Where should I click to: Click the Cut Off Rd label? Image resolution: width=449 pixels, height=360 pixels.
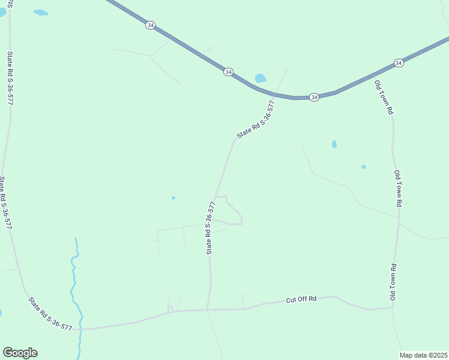(x=301, y=299)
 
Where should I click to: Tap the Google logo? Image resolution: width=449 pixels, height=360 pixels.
(x=20, y=353)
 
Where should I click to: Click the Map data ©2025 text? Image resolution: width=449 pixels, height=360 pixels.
(x=424, y=355)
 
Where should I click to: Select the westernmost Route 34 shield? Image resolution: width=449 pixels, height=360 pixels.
(x=150, y=25)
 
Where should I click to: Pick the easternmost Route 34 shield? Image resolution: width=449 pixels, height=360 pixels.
(x=399, y=62)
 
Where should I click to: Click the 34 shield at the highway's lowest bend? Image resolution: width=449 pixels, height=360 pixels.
(x=314, y=97)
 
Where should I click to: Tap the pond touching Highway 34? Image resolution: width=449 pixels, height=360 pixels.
(x=261, y=78)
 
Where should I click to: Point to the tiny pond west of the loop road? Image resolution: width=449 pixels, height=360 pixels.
(x=173, y=197)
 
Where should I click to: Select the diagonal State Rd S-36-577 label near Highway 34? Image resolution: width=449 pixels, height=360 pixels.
(x=256, y=119)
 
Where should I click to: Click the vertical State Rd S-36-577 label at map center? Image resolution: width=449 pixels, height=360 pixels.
(x=211, y=227)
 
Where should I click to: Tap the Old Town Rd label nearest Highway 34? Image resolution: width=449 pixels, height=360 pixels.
(x=384, y=97)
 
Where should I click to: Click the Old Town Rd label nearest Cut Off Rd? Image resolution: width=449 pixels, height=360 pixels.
(x=394, y=282)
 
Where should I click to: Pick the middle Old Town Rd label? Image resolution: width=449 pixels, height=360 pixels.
(x=397, y=188)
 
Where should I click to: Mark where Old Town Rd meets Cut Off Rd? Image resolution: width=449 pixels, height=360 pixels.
(x=393, y=308)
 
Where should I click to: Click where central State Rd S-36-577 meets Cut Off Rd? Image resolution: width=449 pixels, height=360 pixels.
(x=208, y=310)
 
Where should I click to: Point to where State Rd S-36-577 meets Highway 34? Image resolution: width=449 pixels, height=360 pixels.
(x=274, y=95)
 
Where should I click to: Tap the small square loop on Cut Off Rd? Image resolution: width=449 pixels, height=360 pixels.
(x=170, y=308)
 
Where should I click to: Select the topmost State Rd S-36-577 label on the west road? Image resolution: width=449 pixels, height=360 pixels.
(x=10, y=78)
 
